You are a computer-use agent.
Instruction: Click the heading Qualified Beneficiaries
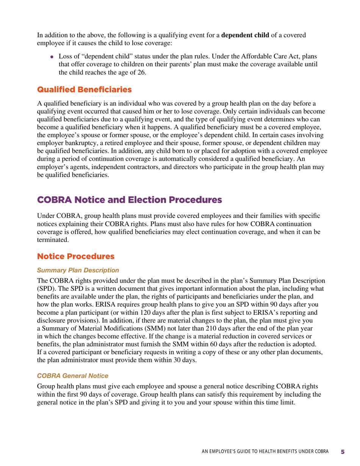pyautogui.click(x=84, y=90)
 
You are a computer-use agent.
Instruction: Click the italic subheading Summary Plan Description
pyautogui.click(x=78, y=270)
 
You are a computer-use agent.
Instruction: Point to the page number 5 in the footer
pyautogui.click(x=343, y=452)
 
